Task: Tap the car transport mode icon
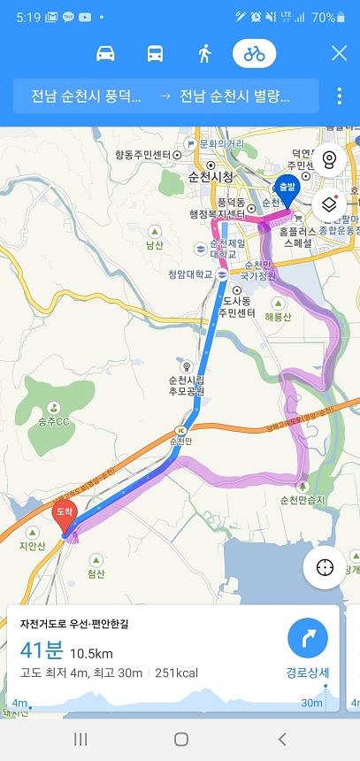(x=105, y=53)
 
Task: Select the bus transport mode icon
(x=155, y=53)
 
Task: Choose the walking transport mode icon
(x=204, y=53)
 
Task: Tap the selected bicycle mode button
(x=255, y=53)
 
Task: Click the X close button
(x=339, y=53)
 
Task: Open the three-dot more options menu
(x=339, y=96)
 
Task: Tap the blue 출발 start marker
(x=286, y=188)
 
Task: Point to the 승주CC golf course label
(x=54, y=420)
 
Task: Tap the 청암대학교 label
(x=190, y=274)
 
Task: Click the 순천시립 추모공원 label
(x=186, y=385)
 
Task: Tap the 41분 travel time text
(x=41, y=652)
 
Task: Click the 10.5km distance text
(x=91, y=654)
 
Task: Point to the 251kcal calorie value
(x=176, y=673)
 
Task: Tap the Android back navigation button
(x=282, y=739)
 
